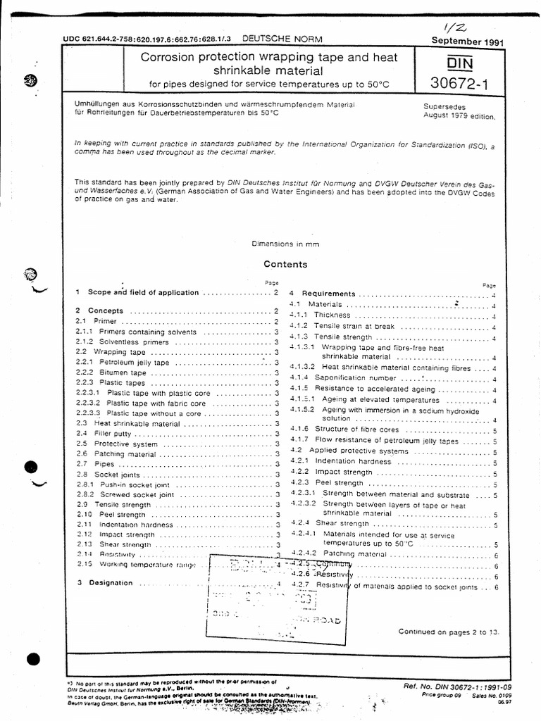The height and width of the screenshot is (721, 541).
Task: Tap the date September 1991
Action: pos(466,41)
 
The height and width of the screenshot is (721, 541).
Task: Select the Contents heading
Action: pos(285,265)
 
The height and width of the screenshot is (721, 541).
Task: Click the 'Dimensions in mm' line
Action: pos(285,244)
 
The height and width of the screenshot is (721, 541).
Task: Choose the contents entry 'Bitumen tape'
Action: pos(120,372)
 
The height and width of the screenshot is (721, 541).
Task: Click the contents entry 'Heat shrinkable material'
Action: pos(137,424)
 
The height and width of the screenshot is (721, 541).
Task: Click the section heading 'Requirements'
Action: pos(329,294)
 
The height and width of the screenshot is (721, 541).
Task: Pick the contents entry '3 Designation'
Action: pos(111,583)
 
